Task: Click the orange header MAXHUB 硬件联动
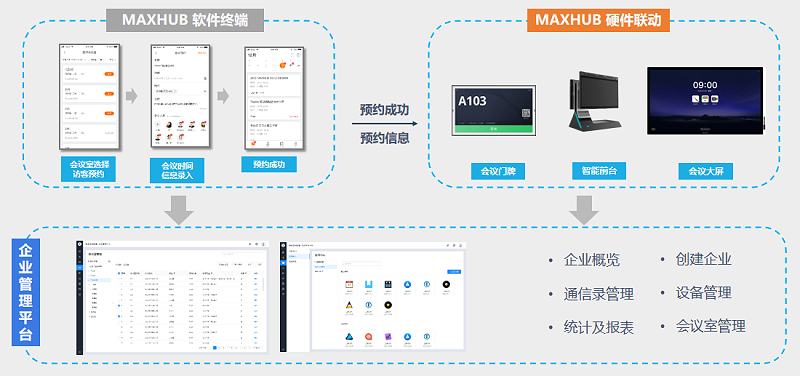pos(598,21)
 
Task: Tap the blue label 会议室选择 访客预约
pos(95,168)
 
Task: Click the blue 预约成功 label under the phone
pos(269,164)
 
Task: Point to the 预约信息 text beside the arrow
pos(384,137)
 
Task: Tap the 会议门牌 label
pos(497,170)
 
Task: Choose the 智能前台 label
pos(599,170)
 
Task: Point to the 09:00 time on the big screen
pos(706,87)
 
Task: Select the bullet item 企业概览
pos(591,260)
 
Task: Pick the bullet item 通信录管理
pos(598,294)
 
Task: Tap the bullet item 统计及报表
pos(598,327)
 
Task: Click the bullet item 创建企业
pos(703,260)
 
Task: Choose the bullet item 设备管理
pos(703,294)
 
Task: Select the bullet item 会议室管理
pos(710,327)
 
